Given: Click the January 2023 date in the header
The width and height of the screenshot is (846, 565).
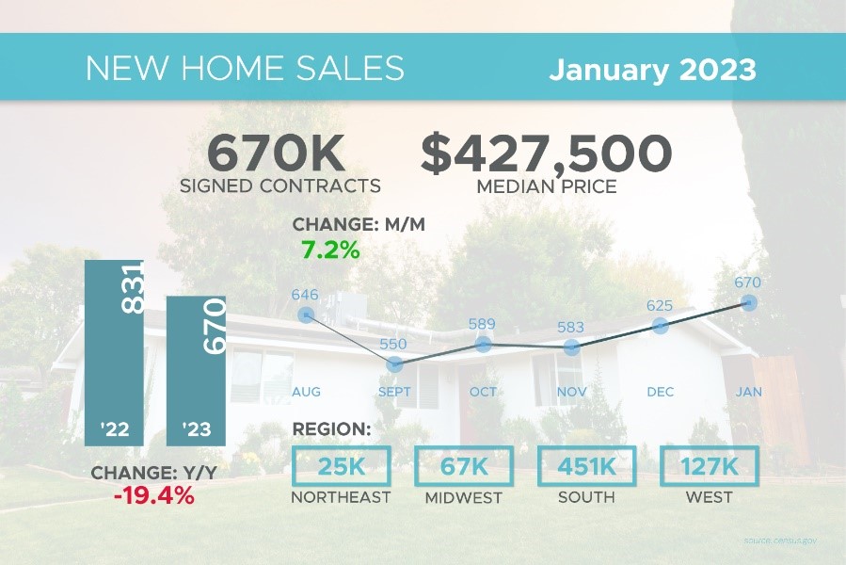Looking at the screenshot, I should [652, 69].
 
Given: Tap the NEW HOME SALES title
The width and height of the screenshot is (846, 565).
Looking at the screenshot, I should [245, 69].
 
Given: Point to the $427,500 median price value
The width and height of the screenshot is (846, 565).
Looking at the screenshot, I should [547, 153].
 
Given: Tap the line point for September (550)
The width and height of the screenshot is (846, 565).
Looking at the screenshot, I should [395, 363].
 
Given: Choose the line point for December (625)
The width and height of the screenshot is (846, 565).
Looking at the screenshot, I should [660, 326].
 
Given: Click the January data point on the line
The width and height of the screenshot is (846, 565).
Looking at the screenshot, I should [749, 302].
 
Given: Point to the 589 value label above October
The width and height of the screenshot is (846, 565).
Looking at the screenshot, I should [483, 324].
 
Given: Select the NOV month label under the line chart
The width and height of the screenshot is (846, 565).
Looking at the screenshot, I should [571, 391].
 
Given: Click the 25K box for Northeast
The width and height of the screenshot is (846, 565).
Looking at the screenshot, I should [340, 467].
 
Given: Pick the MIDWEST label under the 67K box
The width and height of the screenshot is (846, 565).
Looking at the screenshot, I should [462, 496].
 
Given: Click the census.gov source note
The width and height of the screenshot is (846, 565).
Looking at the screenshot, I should [780, 541].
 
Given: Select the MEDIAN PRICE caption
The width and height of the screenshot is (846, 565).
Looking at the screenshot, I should [547, 186].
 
